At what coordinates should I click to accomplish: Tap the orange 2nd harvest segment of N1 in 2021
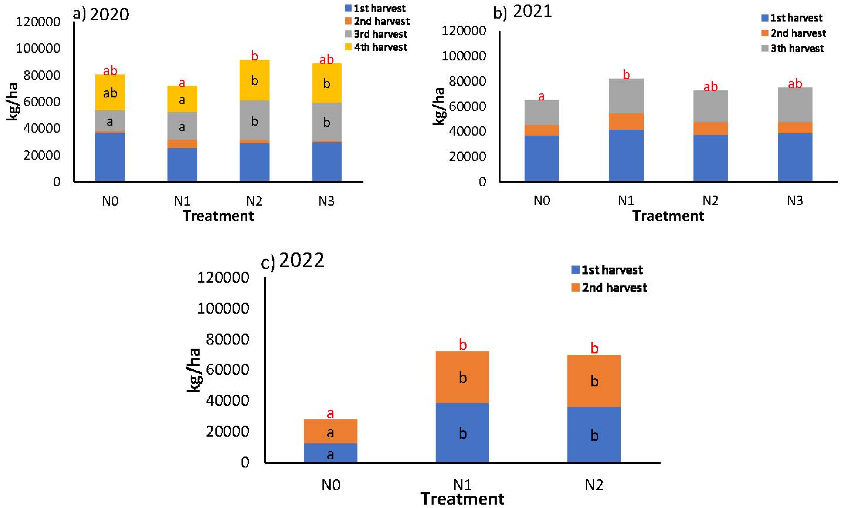coord(626,121)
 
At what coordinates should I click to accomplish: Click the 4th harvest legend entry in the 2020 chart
coord(376,47)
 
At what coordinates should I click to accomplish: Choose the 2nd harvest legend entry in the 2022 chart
coord(609,288)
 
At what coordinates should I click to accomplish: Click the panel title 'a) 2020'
coord(101,14)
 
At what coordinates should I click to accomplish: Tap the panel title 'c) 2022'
coord(293,261)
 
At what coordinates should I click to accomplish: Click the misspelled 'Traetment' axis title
coord(668,216)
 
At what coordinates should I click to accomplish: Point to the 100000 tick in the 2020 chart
coord(38,48)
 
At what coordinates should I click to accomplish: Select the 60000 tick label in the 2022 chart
coord(228,370)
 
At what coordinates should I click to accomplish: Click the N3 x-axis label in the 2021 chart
coord(795,201)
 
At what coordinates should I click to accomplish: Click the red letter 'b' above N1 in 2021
coord(626,74)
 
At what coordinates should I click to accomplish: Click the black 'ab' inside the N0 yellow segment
coord(110,93)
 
